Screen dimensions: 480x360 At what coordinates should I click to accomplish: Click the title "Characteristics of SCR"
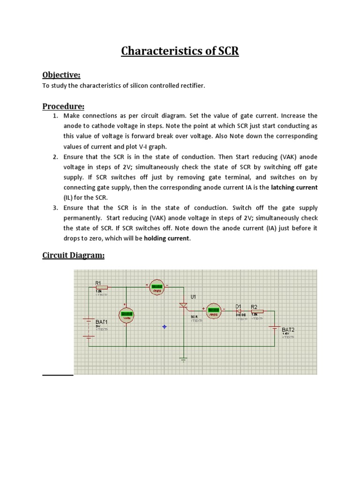[180, 51]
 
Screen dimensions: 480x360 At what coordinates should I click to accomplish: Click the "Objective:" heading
[61, 75]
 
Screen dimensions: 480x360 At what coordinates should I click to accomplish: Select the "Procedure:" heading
[63, 106]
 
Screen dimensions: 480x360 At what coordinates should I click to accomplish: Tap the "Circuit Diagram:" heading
[73, 255]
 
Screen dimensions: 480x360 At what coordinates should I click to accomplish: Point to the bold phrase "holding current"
[166, 238]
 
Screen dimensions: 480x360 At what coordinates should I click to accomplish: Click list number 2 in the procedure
[55, 157]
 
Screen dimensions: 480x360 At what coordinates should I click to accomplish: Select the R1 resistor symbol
[102, 288]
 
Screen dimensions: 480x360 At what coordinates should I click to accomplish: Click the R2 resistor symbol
[257, 311]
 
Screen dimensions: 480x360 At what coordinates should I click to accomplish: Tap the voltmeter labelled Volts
[126, 315]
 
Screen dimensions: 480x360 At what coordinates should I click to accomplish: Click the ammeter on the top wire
[157, 288]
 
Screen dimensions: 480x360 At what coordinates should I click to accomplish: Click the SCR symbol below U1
[183, 305]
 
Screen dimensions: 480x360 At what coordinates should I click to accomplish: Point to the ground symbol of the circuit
[183, 360]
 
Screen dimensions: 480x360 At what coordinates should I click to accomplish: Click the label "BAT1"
[102, 322]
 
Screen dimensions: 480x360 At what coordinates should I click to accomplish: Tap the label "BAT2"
[288, 330]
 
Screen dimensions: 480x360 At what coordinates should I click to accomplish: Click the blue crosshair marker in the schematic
[164, 327]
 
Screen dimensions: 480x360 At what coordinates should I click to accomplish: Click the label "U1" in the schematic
[193, 297]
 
